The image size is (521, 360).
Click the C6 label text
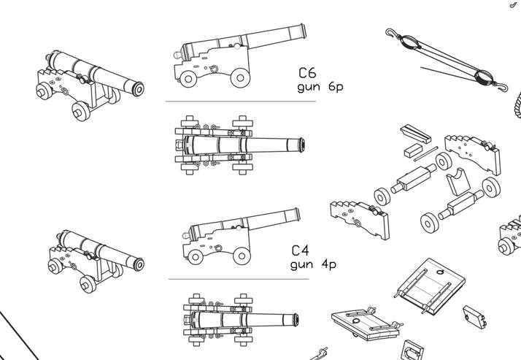[307, 73]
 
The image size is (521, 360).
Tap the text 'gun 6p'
[320, 87]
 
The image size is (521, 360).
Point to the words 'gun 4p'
[312, 264]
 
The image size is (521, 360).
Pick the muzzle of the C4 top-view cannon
[296, 319]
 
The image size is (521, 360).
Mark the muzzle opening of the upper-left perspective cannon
[139, 89]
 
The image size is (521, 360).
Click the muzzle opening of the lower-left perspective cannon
[139, 265]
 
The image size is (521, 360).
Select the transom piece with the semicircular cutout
[457, 178]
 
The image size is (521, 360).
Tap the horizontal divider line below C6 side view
[241, 102]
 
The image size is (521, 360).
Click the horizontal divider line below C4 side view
[238, 279]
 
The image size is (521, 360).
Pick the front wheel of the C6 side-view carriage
[242, 77]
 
